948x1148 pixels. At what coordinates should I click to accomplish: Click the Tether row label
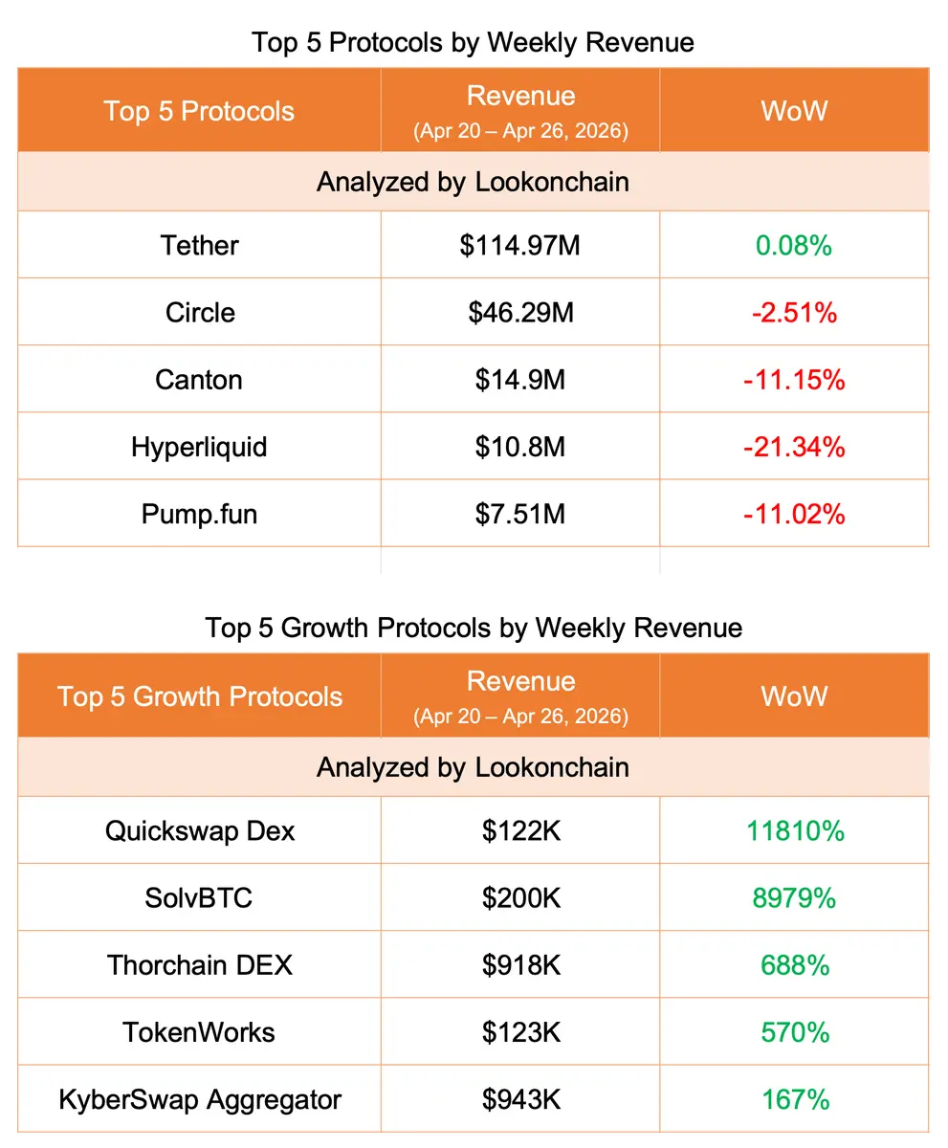tap(199, 246)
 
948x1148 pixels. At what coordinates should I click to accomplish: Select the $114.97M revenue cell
tap(520, 246)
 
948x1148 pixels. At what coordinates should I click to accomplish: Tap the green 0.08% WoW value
tap(794, 246)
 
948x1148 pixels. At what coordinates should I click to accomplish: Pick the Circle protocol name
tap(199, 313)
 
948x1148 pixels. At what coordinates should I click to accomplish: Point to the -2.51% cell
tap(794, 313)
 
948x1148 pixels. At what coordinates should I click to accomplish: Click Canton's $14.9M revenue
tap(520, 380)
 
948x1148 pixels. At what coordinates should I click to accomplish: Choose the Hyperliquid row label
tap(199, 447)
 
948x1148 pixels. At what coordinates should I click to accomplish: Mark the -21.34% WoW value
tap(794, 447)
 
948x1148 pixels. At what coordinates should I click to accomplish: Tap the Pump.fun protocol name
tap(199, 514)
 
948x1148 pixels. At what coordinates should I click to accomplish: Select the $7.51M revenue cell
tap(520, 514)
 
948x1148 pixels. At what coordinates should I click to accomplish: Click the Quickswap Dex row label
tap(199, 830)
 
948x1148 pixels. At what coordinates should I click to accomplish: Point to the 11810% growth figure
tap(794, 830)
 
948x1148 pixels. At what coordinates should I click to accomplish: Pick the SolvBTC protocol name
tap(199, 898)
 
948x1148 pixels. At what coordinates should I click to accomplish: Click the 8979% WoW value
tap(794, 898)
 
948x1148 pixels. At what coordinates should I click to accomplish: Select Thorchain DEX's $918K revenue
tap(520, 965)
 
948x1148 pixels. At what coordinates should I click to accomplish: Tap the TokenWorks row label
tap(199, 1032)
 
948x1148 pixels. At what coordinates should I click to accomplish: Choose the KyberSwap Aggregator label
tap(199, 1099)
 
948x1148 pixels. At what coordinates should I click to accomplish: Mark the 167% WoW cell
tap(794, 1099)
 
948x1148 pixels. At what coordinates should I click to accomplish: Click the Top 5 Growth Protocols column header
tap(199, 695)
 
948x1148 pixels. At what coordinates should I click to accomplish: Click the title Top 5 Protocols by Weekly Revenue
tap(473, 42)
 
